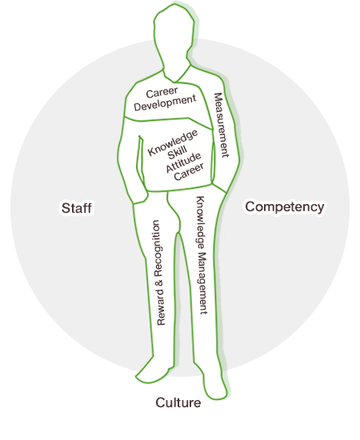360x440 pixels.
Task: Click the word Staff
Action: coord(77,208)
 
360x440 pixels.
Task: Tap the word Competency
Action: coord(285,207)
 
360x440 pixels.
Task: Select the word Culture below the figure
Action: coord(178,402)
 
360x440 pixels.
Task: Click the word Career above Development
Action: coord(162,92)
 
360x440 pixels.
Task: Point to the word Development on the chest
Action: coord(165,103)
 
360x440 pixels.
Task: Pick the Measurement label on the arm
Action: coord(222,125)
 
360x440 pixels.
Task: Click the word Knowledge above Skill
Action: coord(173,142)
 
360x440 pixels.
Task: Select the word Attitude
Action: coord(183,162)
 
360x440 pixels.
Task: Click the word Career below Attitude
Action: coord(189,172)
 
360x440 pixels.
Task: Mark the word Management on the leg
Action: coord(203,283)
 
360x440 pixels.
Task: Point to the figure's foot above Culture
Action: coord(214,385)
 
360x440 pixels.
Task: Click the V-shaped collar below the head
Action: coord(176,76)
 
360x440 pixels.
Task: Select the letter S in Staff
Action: coord(66,208)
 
